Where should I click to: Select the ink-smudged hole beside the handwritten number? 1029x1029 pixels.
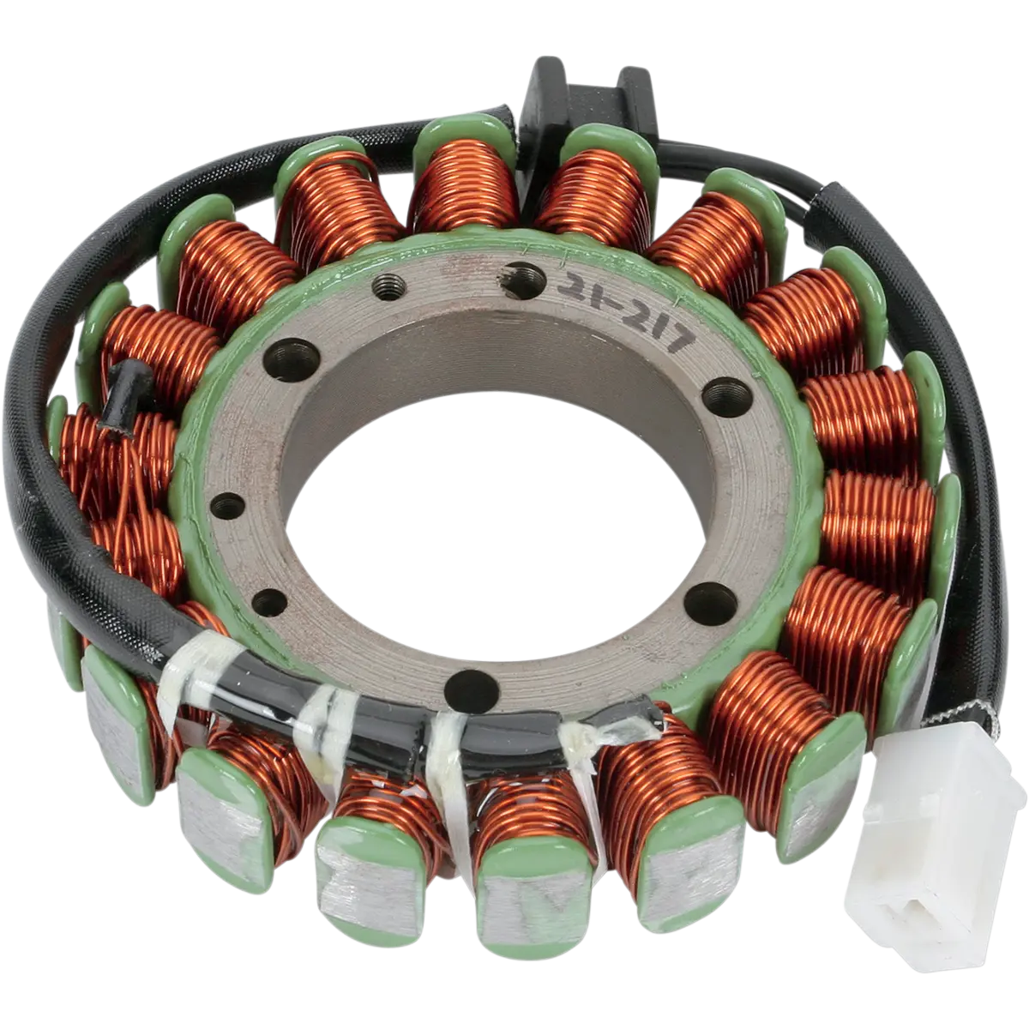526,280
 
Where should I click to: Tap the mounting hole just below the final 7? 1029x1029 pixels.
727,397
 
